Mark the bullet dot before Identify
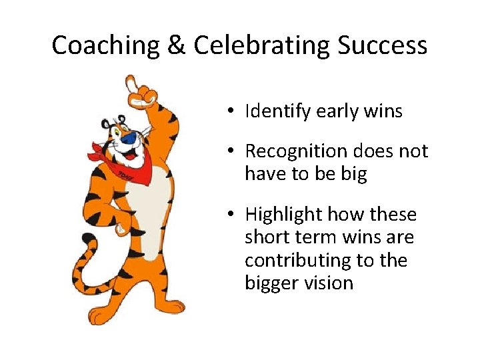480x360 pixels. click(x=229, y=111)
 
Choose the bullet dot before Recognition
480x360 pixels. click(x=229, y=152)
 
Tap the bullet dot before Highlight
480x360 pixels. click(x=229, y=215)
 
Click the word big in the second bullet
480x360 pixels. click(x=353, y=174)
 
